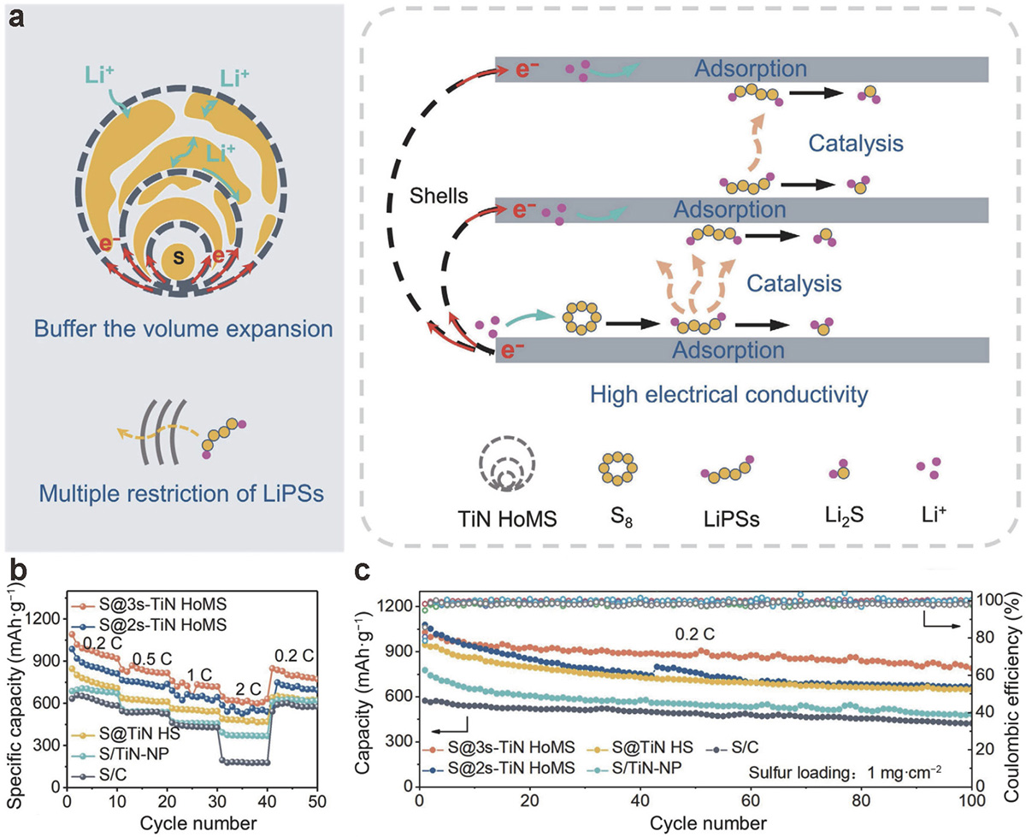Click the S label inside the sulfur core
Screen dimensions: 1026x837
179,257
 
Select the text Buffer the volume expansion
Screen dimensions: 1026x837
184,329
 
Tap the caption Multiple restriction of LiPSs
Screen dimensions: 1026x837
181,493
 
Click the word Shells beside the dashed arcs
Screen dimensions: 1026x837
439,196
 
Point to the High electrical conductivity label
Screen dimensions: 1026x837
728,394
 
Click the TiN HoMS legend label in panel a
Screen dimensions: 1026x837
507,519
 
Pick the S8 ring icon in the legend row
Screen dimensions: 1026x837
617,469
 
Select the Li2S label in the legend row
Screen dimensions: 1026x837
844,516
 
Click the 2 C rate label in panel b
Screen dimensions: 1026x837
248,689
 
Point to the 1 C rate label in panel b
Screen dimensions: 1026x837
199,675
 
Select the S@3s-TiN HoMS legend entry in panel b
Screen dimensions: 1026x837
150,604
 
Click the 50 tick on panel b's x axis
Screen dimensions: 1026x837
316,801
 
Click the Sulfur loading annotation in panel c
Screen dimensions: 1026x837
845,772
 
